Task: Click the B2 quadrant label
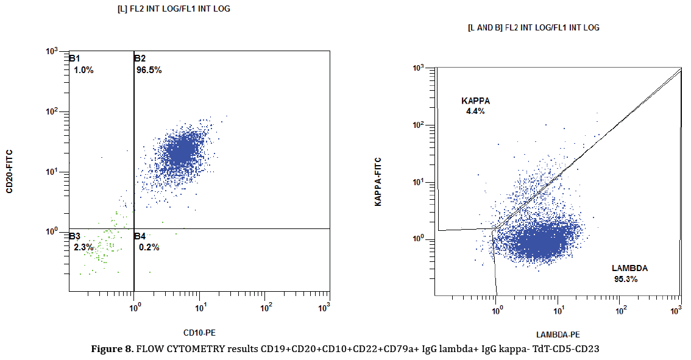click(x=140, y=58)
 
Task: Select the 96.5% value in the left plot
click(x=149, y=70)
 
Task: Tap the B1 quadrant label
click(x=74, y=58)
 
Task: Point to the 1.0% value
click(x=83, y=70)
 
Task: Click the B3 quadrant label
click(x=74, y=236)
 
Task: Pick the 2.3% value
click(x=83, y=247)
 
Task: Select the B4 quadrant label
click(x=140, y=236)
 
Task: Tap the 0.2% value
click(x=149, y=247)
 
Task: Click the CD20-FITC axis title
click(x=10, y=171)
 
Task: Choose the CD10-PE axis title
click(x=200, y=333)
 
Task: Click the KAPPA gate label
click(x=475, y=101)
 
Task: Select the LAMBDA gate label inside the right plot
click(x=630, y=268)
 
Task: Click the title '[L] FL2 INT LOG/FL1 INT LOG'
click(x=174, y=9)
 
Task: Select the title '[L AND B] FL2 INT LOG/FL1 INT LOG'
click(x=533, y=27)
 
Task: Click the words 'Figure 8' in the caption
click(x=112, y=349)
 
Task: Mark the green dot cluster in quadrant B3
click(x=104, y=247)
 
